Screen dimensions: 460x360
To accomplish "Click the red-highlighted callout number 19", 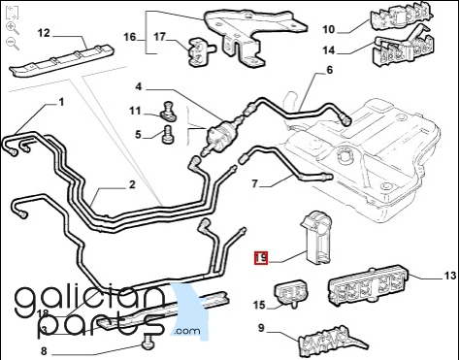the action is point(261,258).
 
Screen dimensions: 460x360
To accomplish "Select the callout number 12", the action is point(44,33).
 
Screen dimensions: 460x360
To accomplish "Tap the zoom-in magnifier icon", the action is point(13,28).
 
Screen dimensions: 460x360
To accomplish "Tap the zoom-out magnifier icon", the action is point(13,44).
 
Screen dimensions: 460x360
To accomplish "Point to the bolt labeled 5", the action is point(168,135).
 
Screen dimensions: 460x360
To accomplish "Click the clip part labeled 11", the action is point(168,112).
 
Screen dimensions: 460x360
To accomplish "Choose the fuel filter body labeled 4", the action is point(222,135).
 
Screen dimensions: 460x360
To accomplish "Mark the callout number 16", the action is point(130,37).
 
